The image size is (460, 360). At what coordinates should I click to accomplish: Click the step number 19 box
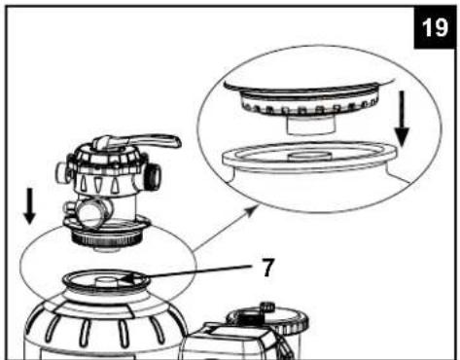[x=435, y=27]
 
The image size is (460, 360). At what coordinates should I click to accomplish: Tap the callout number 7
[x=267, y=269]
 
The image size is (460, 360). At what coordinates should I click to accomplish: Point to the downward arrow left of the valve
[x=29, y=206]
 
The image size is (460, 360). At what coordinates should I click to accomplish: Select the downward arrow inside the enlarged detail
[x=402, y=119]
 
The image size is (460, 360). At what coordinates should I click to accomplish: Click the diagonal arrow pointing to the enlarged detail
[x=225, y=228]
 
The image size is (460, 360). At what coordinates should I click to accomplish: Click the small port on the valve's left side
[x=62, y=171]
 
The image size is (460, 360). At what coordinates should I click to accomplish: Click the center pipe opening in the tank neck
[x=107, y=280]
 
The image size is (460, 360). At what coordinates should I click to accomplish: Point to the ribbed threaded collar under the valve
[x=106, y=239]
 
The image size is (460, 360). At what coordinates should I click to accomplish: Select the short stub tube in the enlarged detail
[x=310, y=126]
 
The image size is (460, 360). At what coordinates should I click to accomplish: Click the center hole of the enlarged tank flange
[x=310, y=156]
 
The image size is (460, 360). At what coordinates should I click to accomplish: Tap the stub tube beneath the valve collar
[x=106, y=249]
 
